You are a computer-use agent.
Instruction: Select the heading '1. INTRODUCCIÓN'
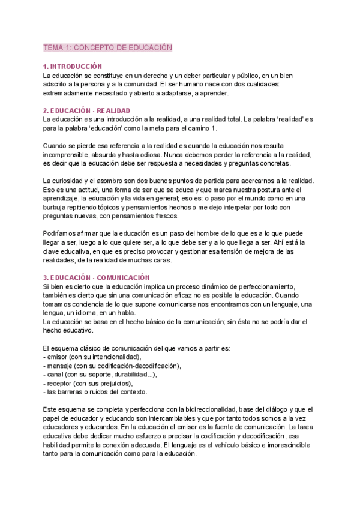[x=73, y=67]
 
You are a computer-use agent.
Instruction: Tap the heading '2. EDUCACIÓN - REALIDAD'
[x=86, y=111]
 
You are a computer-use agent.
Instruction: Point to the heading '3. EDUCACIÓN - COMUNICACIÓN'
[x=96, y=277]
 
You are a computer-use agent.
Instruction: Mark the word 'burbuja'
[x=56, y=208]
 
